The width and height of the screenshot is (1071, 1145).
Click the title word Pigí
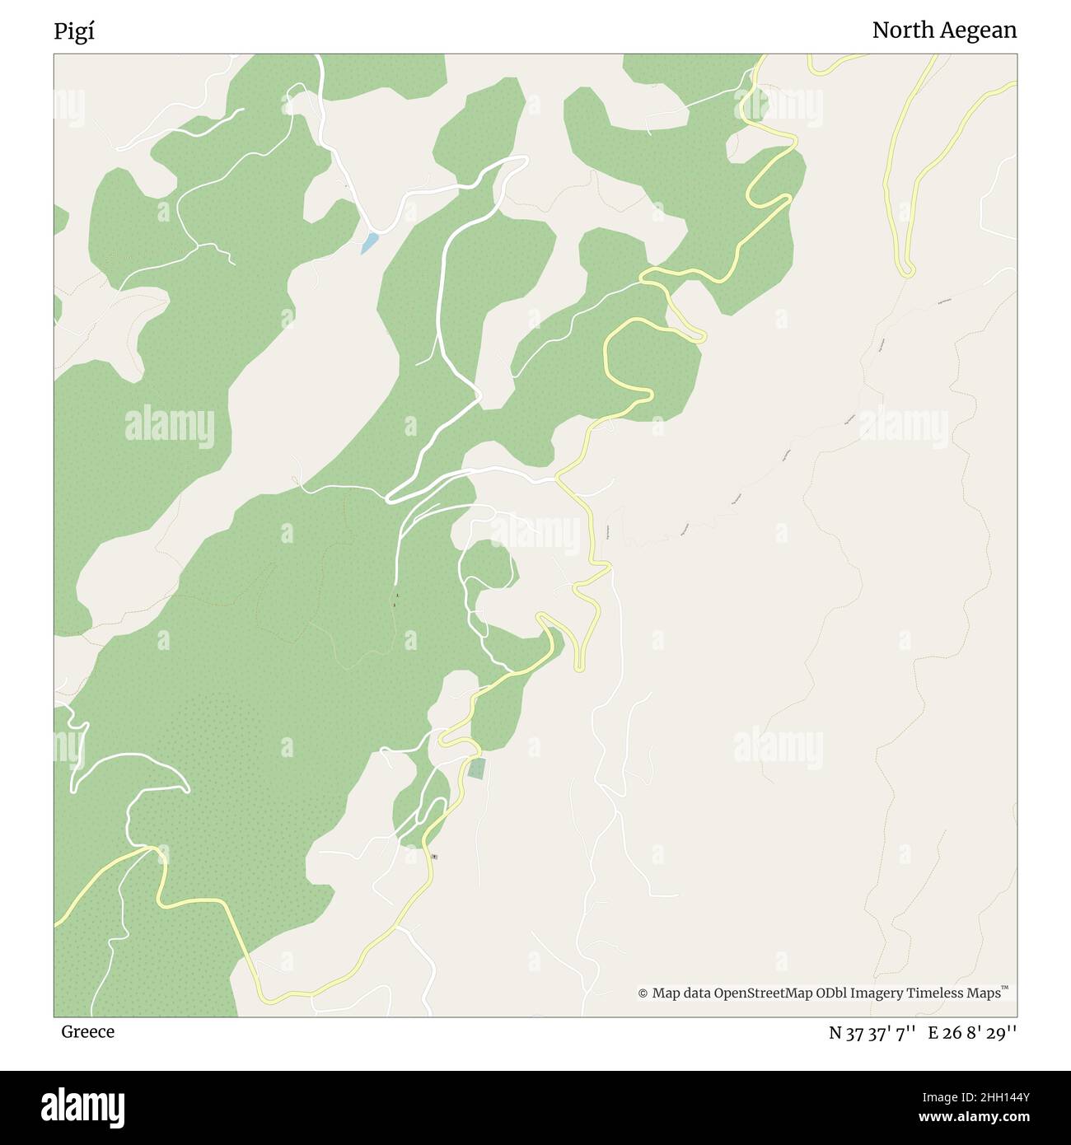point(74,31)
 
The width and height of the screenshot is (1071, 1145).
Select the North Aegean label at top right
point(944,30)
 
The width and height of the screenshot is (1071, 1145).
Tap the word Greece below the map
point(87,1031)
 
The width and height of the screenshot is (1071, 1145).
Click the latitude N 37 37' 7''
point(872,1032)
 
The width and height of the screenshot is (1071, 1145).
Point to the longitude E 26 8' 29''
point(972,1032)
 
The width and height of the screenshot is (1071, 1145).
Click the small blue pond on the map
point(369,242)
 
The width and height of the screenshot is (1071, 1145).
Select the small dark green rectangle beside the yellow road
point(476,769)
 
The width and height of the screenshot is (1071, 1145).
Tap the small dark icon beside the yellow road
point(434,858)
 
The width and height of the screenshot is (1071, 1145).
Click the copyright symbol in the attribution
point(643,993)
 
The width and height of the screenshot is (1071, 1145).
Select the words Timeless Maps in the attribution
point(954,993)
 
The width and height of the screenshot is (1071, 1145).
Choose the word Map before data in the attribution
point(666,993)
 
